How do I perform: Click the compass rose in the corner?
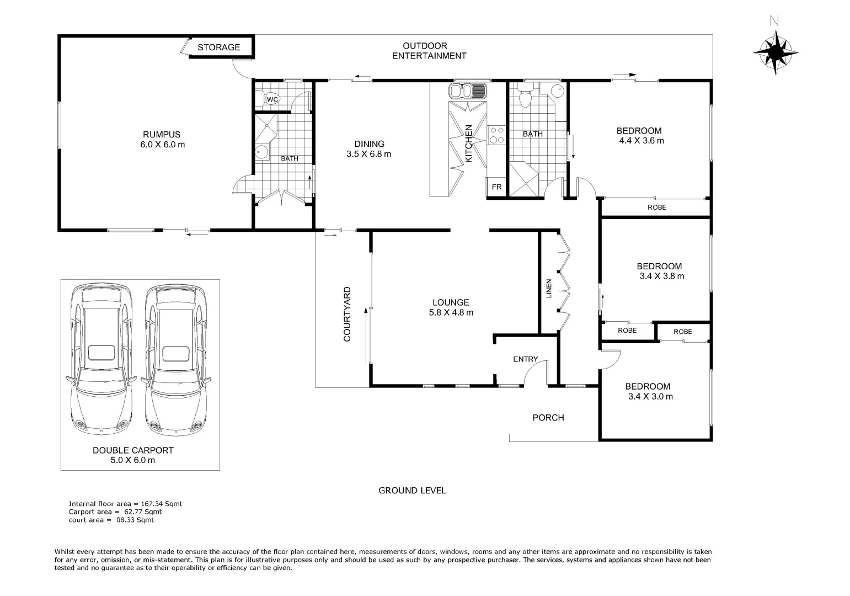[x=775, y=52]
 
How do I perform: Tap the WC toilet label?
[x=272, y=99]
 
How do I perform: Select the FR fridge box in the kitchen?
[x=496, y=187]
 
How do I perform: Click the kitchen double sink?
[x=468, y=91]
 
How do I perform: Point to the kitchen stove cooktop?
[x=496, y=135]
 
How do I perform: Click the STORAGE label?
[x=219, y=47]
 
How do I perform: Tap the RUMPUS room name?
[x=162, y=135]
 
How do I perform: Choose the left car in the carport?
[x=101, y=359]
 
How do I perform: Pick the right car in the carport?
[x=175, y=359]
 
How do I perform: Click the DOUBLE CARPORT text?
[x=133, y=450]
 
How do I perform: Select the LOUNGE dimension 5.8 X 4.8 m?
[x=451, y=312]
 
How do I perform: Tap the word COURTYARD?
[x=348, y=314]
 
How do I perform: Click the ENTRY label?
[x=525, y=359]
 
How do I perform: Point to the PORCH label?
[x=548, y=418]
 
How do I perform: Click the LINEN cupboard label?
[x=549, y=288]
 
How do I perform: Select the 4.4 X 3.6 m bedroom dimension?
[x=641, y=141]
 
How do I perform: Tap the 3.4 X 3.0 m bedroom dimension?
[x=650, y=396]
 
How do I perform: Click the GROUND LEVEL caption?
[x=412, y=491]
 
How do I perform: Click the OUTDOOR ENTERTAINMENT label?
[x=429, y=51]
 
